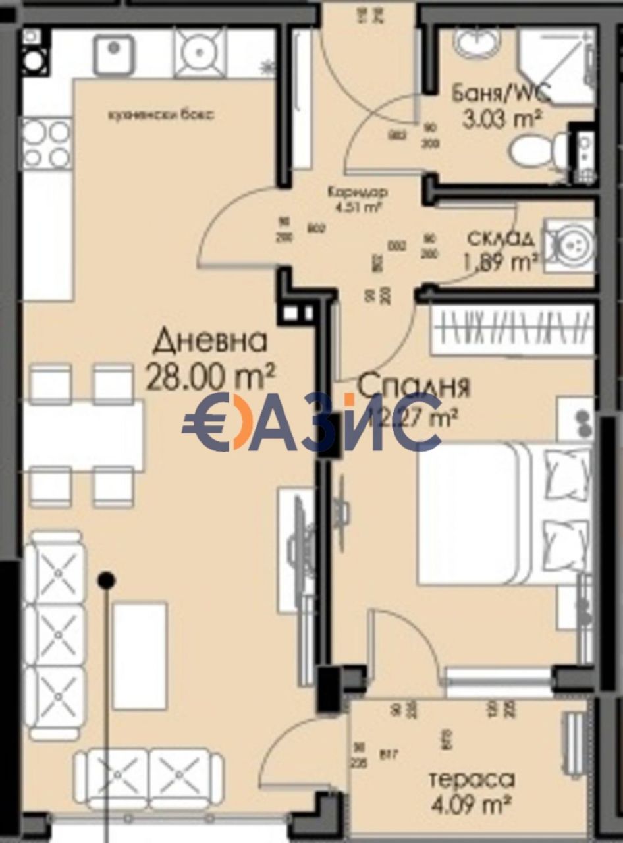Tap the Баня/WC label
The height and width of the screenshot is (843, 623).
501,94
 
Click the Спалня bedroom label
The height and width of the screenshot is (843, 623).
414,386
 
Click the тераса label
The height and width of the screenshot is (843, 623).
471,780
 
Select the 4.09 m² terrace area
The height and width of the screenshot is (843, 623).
471,804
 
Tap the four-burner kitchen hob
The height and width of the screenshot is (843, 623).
46,144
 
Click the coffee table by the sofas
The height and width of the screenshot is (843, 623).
139,655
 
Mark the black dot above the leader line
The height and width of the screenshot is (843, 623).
106,580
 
